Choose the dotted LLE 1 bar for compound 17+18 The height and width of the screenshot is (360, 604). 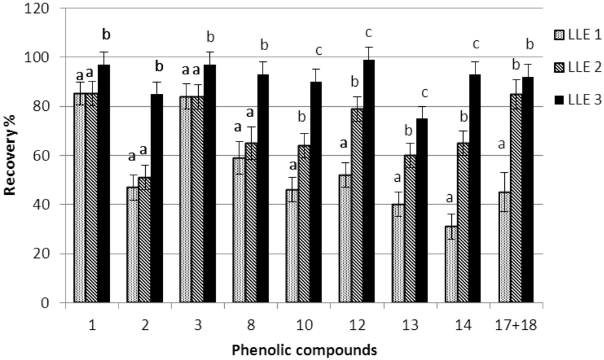tap(504, 247)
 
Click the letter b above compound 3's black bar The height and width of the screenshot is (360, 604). tap(210, 38)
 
